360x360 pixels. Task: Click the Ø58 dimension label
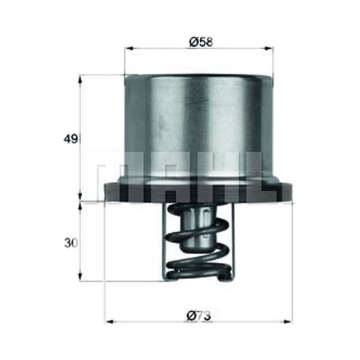(x=202, y=42)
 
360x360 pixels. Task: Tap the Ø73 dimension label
(x=199, y=316)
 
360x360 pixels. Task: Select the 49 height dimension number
(x=70, y=139)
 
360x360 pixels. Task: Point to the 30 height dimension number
(x=71, y=244)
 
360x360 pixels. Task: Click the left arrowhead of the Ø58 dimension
(x=129, y=49)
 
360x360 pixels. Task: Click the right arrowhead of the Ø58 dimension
(x=269, y=49)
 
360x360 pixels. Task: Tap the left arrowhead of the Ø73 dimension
(x=110, y=322)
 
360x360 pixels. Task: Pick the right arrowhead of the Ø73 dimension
(x=287, y=322)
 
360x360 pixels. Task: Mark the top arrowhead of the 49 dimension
(x=80, y=80)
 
